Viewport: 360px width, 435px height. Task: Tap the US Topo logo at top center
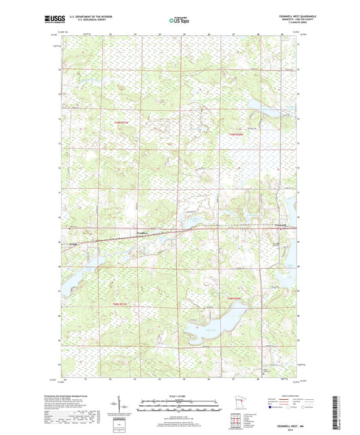pos(180,20)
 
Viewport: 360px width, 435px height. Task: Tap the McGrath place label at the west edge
pos(74,244)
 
